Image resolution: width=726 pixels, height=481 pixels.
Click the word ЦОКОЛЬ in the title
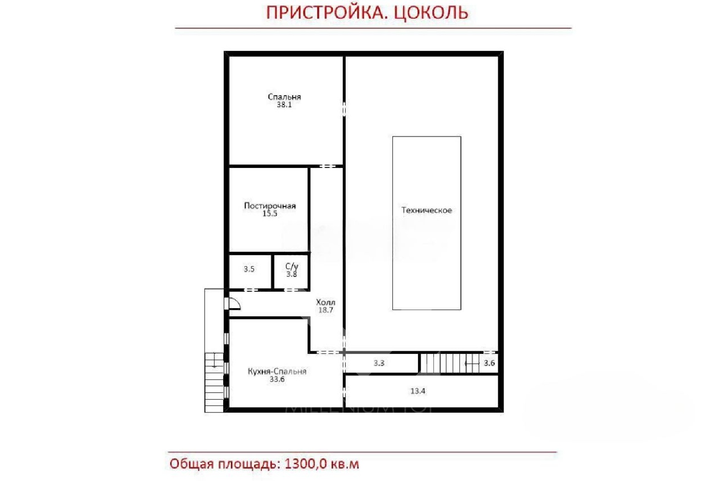point(431,12)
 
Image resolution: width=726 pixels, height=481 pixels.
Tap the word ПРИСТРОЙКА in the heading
point(327,12)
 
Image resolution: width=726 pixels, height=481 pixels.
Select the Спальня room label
point(284,97)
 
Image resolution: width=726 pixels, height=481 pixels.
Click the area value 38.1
point(284,105)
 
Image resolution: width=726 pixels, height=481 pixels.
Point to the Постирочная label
point(270,206)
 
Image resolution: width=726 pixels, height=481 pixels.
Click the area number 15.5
point(270,214)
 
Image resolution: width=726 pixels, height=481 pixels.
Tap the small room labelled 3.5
point(249,269)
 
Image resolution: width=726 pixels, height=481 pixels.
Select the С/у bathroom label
point(292,266)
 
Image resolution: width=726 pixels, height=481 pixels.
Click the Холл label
point(325,302)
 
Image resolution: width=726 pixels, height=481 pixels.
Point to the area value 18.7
point(325,310)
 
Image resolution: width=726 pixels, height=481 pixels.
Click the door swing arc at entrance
point(235,304)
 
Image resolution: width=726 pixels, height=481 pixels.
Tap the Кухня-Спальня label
point(277,371)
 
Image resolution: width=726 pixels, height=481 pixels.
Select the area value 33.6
point(277,379)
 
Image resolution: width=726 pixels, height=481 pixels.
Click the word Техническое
point(427,210)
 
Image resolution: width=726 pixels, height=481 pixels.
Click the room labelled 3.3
point(379,363)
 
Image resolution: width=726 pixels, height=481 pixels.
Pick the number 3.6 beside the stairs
point(489,363)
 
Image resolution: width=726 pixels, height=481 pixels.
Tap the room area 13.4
point(417,391)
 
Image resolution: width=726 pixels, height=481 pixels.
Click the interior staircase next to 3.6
point(447,363)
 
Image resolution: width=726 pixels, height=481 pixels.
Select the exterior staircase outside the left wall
point(214,381)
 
